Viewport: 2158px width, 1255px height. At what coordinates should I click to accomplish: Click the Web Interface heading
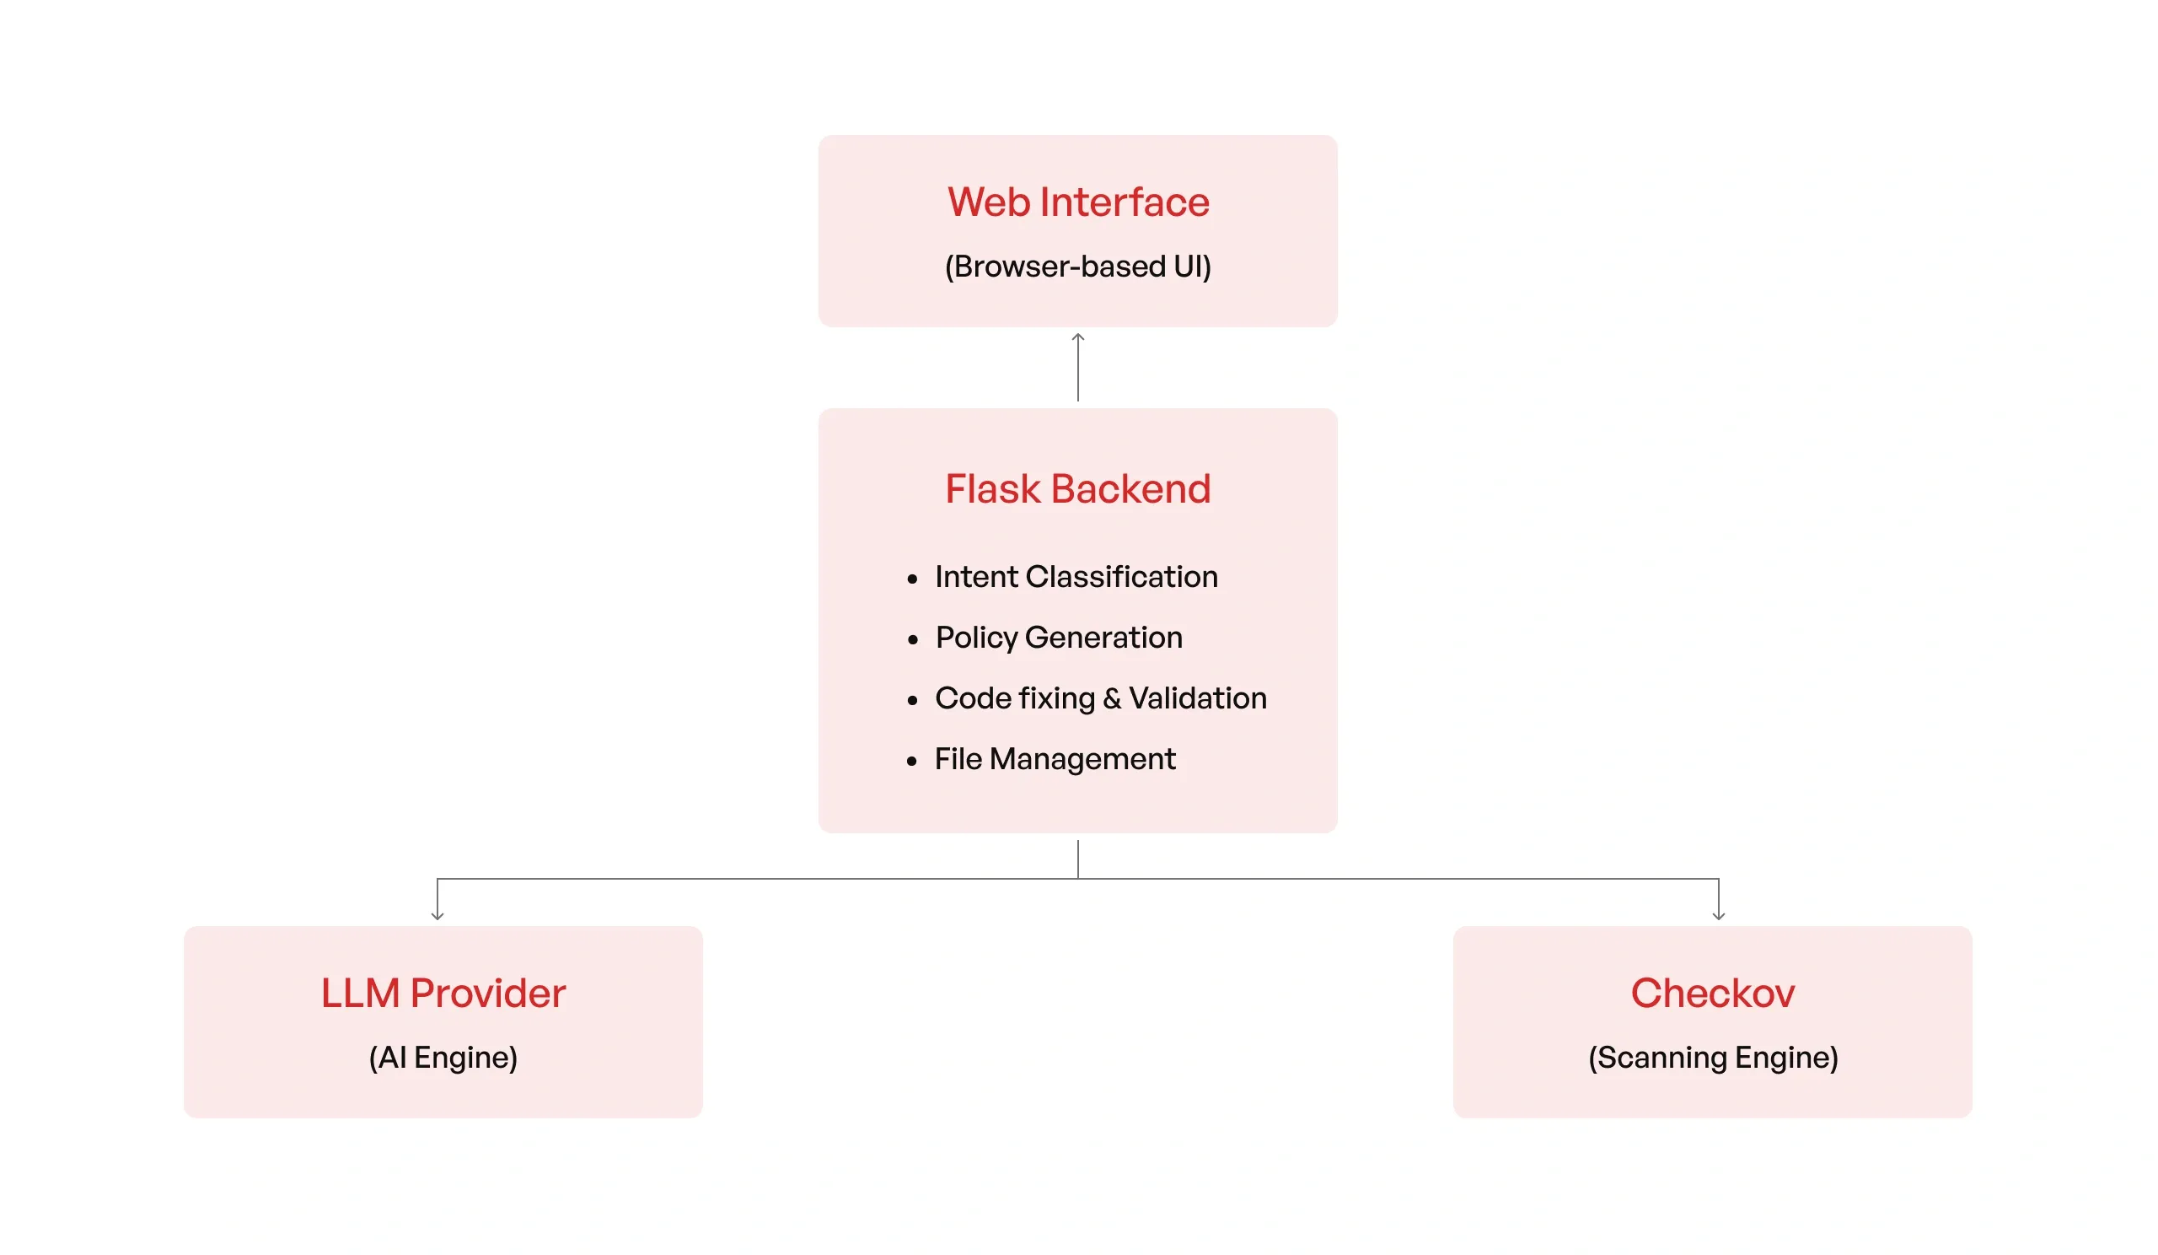point(1077,202)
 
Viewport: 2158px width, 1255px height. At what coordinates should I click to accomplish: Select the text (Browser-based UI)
point(1077,267)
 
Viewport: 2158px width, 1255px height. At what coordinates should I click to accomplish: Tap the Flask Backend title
point(1077,489)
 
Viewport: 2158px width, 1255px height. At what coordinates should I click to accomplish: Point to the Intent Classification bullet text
point(1076,577)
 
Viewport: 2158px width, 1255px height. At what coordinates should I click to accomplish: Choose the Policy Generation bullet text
point(1059,638)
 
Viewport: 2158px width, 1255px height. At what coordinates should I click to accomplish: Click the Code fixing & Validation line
point(1100,698)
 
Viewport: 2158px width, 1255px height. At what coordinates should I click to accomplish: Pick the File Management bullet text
point(1055,759)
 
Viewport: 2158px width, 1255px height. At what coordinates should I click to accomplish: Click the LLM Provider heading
point(443,993)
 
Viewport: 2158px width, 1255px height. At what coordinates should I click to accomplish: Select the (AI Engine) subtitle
point(443,1057)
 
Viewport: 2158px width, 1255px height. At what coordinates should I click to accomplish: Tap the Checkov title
point(1712,993)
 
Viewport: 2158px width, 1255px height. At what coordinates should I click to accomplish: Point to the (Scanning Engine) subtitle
point(1712,1057)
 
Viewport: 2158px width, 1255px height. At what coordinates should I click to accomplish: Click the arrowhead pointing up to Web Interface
point(1077,337)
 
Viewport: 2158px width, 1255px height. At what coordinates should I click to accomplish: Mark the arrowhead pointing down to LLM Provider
point(438,916)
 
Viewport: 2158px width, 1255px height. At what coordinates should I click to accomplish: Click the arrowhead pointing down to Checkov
point(1718,916)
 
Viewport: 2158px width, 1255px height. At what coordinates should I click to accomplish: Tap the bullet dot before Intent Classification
point(912,580)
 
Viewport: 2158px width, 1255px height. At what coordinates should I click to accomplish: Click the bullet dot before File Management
point(912,762)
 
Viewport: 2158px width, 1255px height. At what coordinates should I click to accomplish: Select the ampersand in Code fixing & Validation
point(1112,699)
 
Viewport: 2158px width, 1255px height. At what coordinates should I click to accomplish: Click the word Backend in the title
point(1130,489)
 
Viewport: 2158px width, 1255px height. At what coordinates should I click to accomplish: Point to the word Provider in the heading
point(487,993)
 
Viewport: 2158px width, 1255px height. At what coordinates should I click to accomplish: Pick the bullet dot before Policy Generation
point(912,640)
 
